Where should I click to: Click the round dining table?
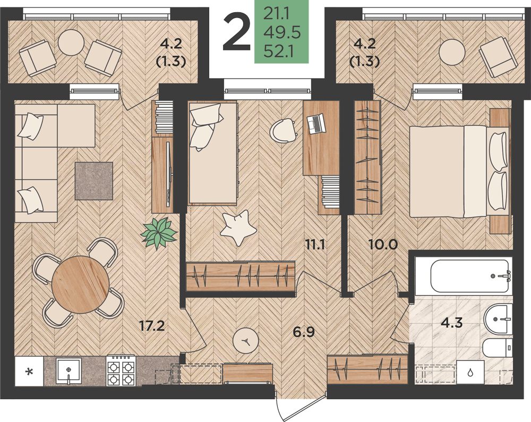pyautogui.click(x=81, y=284)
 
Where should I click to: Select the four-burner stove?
pyautogui.click(x=121, y=370)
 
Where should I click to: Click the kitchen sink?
pyautogui.click(x=68, y=370)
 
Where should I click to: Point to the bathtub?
pyautogui.click(x=470, y=276)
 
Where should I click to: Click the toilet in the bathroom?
pyautogui.click(x=498, y=347)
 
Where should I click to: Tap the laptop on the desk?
pyautogui.click(x=315, y=124)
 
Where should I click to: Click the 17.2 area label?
pyautogui.click(x=152, y=326)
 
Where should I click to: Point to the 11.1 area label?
pyautogui.click(x=315, y=244)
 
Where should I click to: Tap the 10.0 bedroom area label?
pyautogui.click(x=383, y=244)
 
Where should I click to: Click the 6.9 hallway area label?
pyautogui.click(x=303, y=332)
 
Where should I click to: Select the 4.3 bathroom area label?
pyautogui.click(x=452, y=323)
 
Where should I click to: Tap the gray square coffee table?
pyautogui.click(x=94, y=181)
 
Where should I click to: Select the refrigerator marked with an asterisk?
pyautogui.click(x=29, y=372)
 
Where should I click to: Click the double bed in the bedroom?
pyautogui.click(x=459, y=171)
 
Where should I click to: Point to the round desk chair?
pyautogui.click(x=282, y=131)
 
